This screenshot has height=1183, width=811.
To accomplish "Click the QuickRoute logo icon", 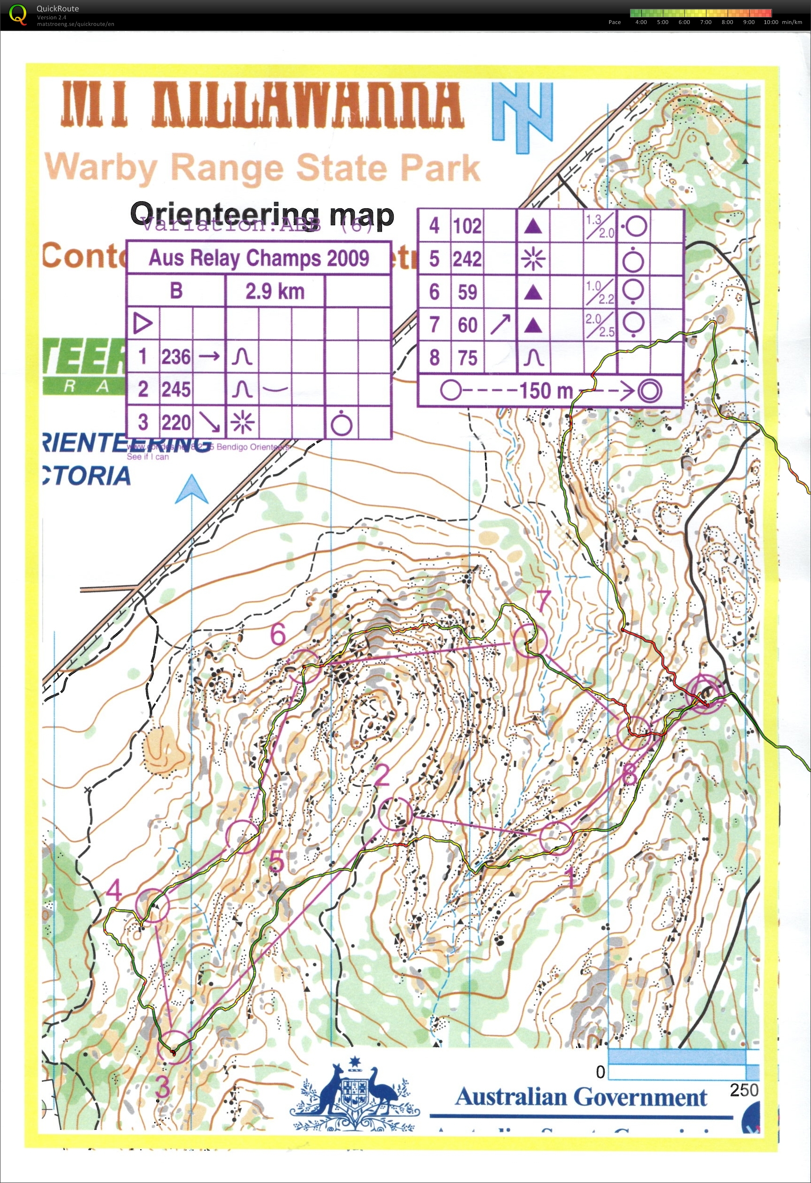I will [18, 14].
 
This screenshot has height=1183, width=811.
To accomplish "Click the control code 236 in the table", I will [175, 357].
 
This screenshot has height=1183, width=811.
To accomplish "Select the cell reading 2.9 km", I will [275, 292].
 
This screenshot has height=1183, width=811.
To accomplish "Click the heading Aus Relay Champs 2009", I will [258, 258].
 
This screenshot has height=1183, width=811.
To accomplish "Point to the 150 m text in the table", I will [545, 391].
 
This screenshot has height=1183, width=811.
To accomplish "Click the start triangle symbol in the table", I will [143, 323].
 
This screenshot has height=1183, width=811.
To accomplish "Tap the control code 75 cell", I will [467, 358].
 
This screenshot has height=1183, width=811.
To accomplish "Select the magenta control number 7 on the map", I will [543, 601].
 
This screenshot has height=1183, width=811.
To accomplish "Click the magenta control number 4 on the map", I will [114, 890].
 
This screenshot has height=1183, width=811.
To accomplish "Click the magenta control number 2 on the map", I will [382, 776].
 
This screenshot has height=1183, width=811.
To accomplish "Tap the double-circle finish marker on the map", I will [705, 691].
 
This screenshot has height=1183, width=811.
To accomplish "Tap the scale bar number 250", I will [743, 1090].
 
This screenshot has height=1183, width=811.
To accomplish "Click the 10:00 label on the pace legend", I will [771, 22].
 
